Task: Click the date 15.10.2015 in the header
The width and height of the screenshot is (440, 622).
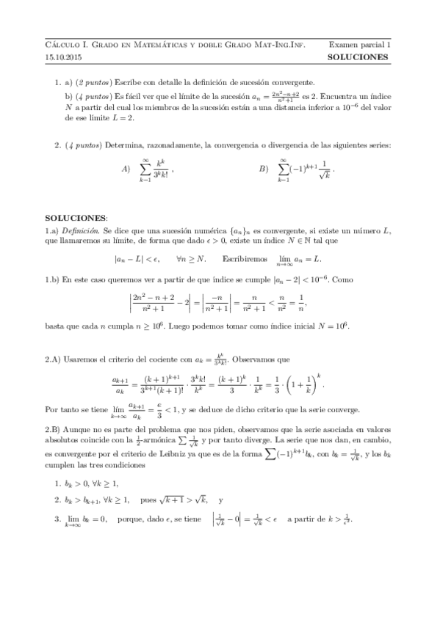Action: [x=61, y=56]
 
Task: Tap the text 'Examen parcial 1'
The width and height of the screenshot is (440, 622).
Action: [x=360, y=44]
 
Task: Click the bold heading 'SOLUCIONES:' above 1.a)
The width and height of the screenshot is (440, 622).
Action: [x=76, y=219]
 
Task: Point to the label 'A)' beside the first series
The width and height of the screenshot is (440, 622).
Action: [x=126, y=169]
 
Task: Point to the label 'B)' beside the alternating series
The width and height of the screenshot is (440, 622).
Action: [x=264, y=169]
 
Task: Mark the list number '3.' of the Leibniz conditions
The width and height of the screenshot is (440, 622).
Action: [x=58, y=519]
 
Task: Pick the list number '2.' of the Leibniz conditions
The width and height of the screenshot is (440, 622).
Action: [x=58, y=500]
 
